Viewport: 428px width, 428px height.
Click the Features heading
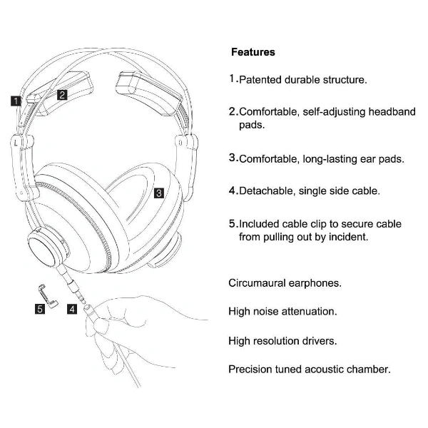(x=253, y=52)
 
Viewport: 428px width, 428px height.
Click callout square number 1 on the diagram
(x=15, y=101)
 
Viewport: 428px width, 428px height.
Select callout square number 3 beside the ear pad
(x=159, y=193)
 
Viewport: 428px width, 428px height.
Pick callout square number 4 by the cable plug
(x=72, y=309)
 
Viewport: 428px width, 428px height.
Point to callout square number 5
(x=41, y=309)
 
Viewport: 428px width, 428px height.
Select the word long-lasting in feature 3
(x=324, y=159)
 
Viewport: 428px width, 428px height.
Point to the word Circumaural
(x=259, y=282)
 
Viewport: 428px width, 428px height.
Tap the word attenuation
(x=312, y=312)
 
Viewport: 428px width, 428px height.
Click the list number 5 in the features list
(x=233, y=223)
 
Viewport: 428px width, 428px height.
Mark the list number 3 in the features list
(x=233, y=158)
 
